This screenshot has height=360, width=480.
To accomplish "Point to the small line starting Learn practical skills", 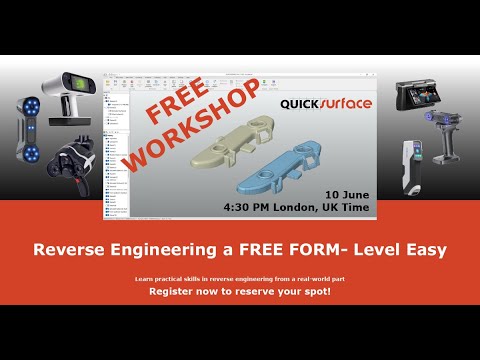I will tap(240, 277).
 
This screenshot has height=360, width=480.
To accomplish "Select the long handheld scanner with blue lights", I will tap(30, 135).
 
